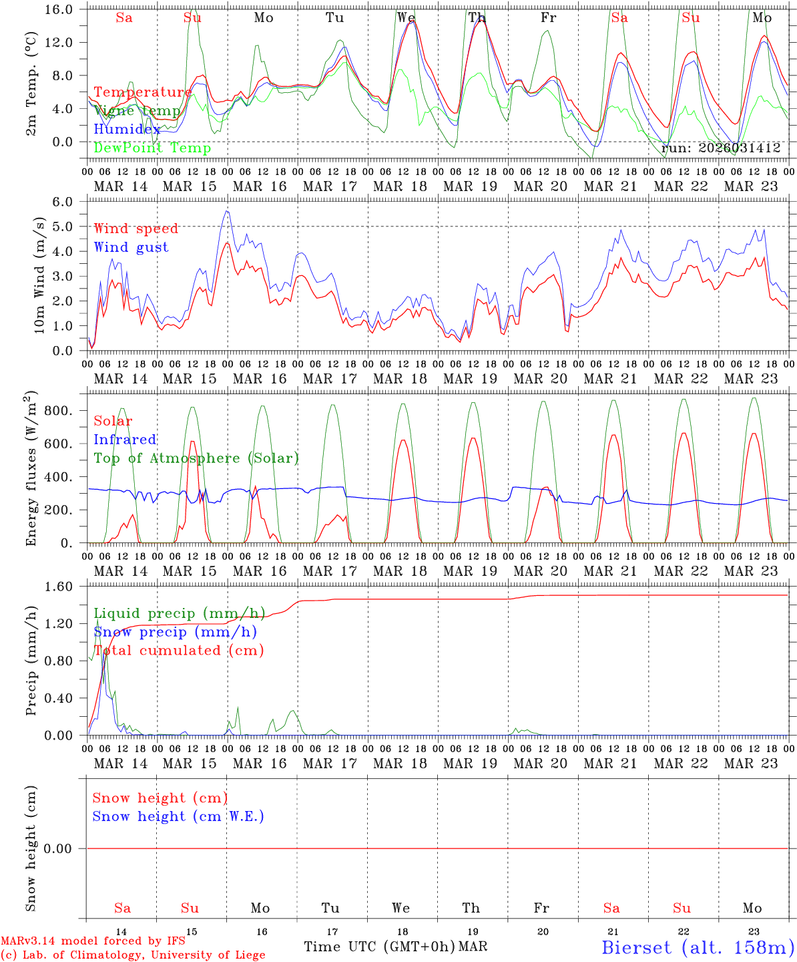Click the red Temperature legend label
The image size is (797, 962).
pos(142,92)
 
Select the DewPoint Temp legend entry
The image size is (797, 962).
pos(152,148)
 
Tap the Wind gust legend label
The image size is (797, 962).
pos(131,247)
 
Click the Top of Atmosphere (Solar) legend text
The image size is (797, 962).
pos(196,458)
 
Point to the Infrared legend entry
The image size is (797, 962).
pos(125,440)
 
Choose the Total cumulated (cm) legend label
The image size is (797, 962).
pos(178,650)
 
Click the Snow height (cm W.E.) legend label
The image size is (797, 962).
pos(178,816)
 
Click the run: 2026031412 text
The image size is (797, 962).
pos(721,148)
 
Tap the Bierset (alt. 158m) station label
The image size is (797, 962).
pos(698,947)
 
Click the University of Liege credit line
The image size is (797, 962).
pos(133,955)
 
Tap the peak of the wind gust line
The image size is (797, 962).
pos(227,211)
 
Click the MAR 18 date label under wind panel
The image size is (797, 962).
pos(400,379)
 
